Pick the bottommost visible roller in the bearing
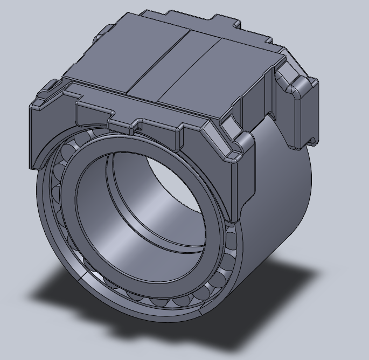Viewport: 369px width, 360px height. pos(162,302)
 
